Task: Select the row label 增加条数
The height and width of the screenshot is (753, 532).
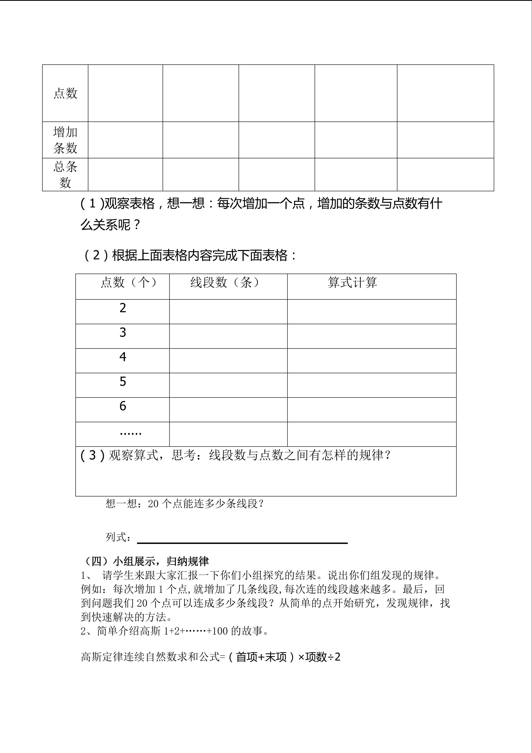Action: coord(65,140)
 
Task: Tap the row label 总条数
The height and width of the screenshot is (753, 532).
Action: coord(65,174)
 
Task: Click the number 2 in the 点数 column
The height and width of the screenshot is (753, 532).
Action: coord(123,308)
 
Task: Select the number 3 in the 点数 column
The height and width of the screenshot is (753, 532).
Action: coord(123,333)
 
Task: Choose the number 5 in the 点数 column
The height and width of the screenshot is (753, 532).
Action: coord(123,381)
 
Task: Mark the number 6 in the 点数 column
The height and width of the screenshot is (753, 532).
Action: coord(123,406)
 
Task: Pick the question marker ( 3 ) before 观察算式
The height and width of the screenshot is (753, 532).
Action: coord(93,455)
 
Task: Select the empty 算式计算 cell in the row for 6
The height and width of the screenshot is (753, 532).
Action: coord(372,410)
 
